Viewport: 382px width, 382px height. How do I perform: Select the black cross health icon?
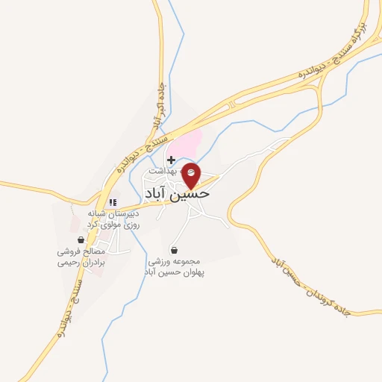172,160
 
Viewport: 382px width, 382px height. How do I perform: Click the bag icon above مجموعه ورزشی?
175,249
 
